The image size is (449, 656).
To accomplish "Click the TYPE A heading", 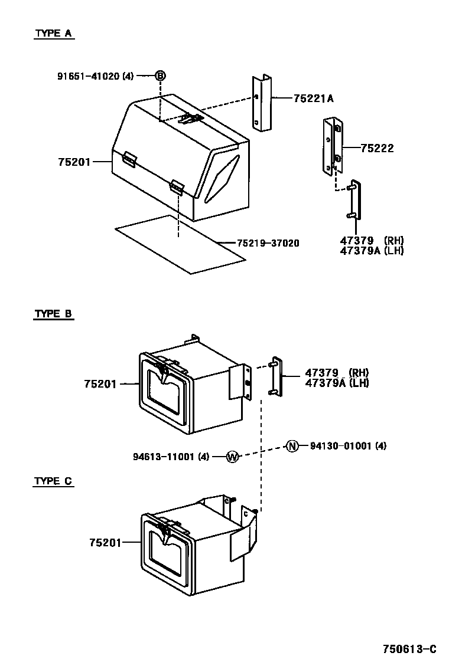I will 53,34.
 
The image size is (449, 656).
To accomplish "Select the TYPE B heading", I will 53,314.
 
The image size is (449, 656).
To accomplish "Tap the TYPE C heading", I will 53,481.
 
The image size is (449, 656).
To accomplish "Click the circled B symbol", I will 160,76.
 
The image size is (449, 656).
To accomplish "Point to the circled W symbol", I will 232,456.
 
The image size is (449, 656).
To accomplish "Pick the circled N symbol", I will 292,446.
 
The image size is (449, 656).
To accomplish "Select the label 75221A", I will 313,99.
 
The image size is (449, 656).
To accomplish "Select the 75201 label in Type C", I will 105,542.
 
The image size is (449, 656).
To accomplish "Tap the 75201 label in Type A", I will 74,161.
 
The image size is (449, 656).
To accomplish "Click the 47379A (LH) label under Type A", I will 372,250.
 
